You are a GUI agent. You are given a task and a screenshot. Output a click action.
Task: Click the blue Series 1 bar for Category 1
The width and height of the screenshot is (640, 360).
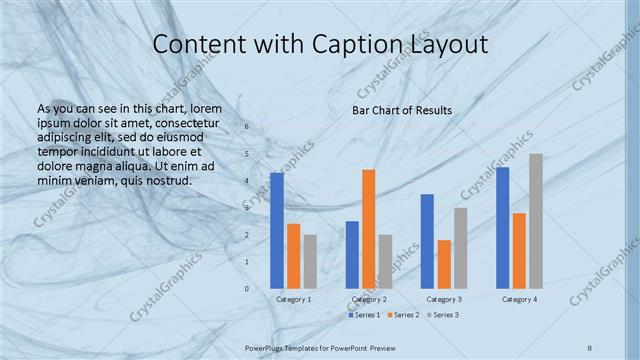[277, 231]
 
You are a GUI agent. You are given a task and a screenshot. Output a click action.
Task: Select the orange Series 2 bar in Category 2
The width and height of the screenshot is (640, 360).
[369, 229]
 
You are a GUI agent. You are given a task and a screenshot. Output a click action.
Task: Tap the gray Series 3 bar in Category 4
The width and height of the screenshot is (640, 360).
[536, 221]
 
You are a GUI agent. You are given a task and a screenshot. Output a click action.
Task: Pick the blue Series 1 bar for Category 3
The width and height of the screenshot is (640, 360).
[427, 241]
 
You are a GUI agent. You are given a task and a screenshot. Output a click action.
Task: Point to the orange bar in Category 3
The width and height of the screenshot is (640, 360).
[444, 264]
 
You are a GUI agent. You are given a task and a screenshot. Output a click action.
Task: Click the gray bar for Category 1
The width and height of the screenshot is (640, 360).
[310, 262]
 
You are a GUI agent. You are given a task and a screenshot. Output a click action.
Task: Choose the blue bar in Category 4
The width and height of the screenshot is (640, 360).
[502, 228]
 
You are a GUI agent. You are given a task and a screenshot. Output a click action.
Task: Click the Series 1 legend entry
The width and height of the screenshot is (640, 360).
[364, 315]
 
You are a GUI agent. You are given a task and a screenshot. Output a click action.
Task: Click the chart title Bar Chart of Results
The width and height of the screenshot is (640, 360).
[401, 110]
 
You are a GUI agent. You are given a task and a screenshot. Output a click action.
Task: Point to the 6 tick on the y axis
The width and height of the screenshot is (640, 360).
[247, 128]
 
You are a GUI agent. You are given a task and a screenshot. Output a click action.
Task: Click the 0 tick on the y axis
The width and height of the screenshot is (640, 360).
[247, 288]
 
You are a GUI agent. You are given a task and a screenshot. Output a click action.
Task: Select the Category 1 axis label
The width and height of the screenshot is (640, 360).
[293, 299]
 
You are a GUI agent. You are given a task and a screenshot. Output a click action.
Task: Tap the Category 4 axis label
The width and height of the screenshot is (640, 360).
[519, 299]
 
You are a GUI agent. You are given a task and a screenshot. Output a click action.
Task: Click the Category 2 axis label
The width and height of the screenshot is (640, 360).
[369, 299]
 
